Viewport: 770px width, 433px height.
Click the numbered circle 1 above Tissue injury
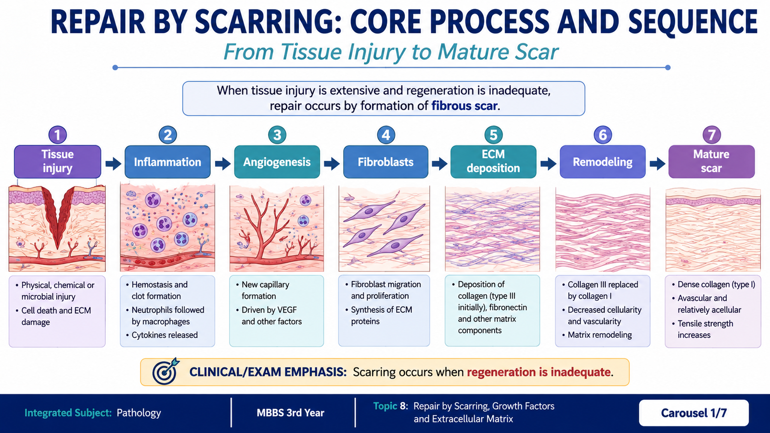[57, 135]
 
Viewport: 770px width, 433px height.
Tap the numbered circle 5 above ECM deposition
[493, 135]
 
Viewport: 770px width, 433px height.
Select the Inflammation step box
[167, 162]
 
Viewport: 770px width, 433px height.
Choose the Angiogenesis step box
[277, 162]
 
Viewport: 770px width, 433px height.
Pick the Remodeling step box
[603, 162]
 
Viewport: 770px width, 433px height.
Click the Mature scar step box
[711, 162]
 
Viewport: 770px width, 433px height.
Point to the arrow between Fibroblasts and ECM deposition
[439, 164]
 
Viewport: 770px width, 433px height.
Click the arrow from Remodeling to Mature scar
[657, 164]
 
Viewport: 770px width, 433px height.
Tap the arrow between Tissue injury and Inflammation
[113, 164]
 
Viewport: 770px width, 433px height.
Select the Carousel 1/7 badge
[693, 413]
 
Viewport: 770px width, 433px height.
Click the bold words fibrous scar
[464, 106]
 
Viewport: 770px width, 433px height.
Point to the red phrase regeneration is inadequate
[539, 372]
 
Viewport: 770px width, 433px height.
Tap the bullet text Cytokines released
[165, 335]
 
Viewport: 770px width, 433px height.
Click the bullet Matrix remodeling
[600, 335]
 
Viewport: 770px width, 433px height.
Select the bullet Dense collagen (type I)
[717, 284]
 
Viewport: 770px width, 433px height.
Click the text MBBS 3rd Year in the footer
[291, 413]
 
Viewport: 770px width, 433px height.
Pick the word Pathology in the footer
[139, 413]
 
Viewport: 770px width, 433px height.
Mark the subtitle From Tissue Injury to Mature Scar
[391, 52]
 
